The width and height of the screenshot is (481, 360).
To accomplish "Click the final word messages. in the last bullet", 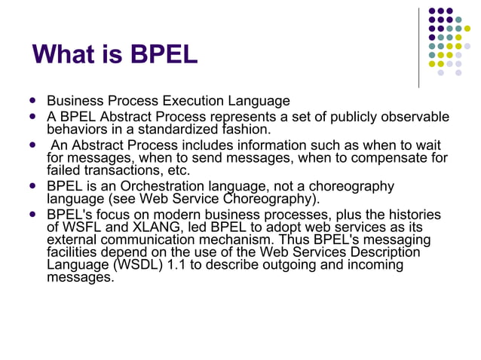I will pyautogui.click(x=80, y=277).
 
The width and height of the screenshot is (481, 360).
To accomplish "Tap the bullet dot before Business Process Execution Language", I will pyautogui.click(x=32, y=101).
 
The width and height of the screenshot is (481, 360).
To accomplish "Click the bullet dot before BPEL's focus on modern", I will pyautogui.click(x=32, y=215).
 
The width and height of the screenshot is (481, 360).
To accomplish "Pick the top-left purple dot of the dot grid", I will pyautogui.click(x=432, y=11).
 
